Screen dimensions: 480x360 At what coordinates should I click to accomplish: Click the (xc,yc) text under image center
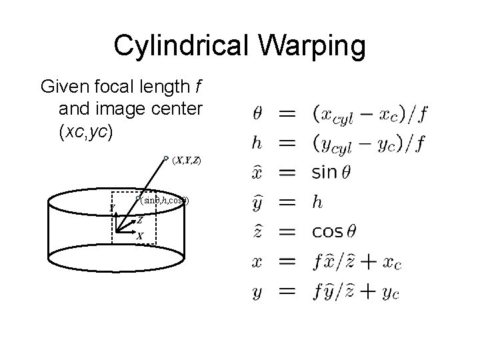point(87,132)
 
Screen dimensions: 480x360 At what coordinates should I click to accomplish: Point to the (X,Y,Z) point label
point(187,161)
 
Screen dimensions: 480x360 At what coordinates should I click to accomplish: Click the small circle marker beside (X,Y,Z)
point(166,159)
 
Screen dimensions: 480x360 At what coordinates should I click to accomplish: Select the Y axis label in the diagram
point(113,207)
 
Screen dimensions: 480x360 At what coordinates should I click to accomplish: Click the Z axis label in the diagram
point(139,220)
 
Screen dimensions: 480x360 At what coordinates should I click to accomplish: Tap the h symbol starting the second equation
point(258,143)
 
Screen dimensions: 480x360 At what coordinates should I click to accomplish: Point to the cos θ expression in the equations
point(337,231)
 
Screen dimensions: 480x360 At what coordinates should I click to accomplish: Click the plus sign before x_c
point(369,261)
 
